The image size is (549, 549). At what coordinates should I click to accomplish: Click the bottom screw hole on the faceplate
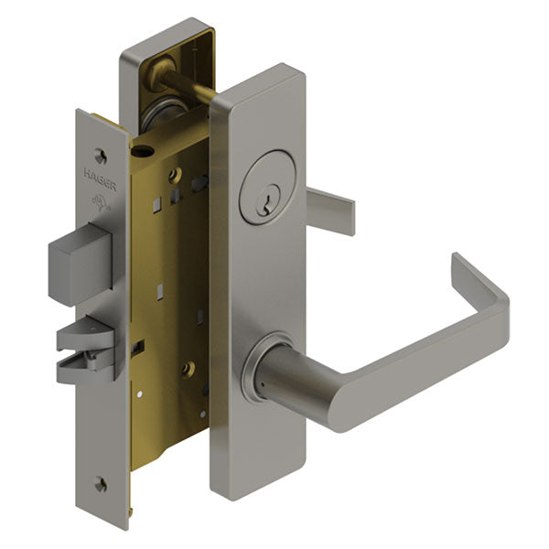click(101, 485)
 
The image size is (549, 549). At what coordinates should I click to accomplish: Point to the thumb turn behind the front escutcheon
click(330, 209)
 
